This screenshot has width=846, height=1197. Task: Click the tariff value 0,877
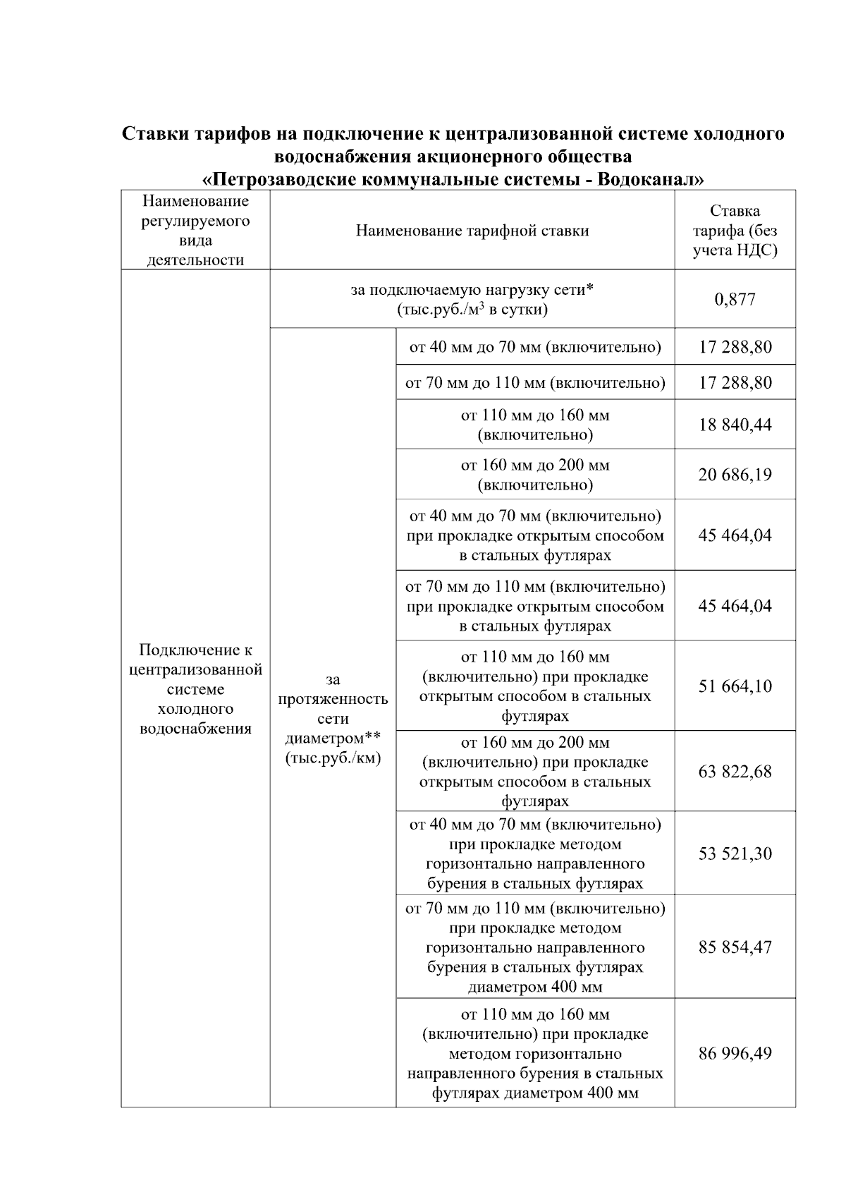pos(735,299)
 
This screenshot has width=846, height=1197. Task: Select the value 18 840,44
pos(735,425)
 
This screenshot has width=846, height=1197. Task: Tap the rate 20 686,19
pos(735,474)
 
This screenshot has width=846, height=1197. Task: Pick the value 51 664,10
pos(735,686)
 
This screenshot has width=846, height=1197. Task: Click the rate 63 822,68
pos(735,771)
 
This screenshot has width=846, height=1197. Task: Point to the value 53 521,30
pos(735,853)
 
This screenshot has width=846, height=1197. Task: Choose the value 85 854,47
pos(735,947)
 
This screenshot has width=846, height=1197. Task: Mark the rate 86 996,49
pos(735,1053)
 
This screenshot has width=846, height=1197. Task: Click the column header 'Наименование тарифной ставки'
pos(472,231)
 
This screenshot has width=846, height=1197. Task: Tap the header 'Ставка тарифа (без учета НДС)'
pos(735,230)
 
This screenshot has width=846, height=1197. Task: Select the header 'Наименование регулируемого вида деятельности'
pos(195,230)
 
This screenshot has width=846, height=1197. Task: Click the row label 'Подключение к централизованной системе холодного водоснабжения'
pos(195,688)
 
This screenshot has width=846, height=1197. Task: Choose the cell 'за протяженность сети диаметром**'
pos(333,719)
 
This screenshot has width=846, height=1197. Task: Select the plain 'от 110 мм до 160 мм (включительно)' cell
pos(534,425)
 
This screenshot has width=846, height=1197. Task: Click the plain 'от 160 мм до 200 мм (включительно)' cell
pos(534,474)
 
